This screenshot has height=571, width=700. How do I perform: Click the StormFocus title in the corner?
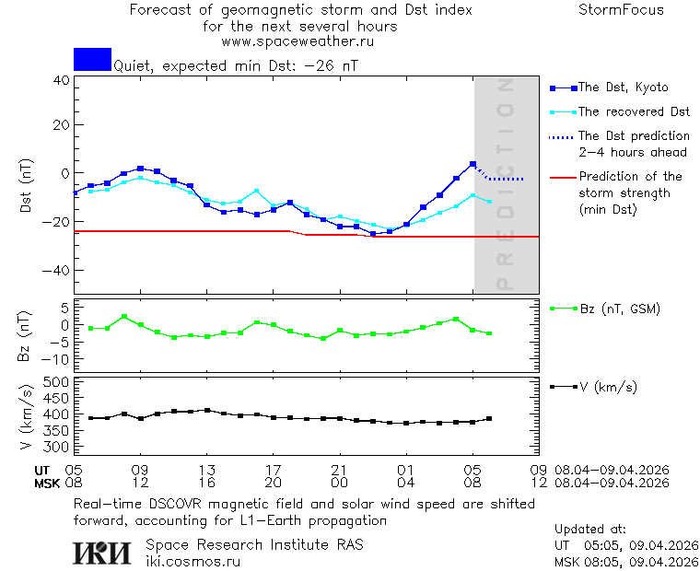click(x=621, y=10)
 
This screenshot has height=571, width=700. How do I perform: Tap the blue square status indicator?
click(x=92, y=59)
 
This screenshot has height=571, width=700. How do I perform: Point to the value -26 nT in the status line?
click(x=333, y=66)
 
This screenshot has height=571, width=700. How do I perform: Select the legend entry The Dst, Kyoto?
click(x=623, y=87)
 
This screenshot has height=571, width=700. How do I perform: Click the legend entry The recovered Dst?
click(x=634, y=111)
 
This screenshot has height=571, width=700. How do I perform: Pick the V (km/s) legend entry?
click(x=608, y=387)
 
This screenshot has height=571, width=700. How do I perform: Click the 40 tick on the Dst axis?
click(x=61, y=79)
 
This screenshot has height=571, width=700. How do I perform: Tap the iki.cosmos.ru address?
click(x=192, y=562)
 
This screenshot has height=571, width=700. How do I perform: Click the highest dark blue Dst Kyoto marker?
click(x=472, y=164)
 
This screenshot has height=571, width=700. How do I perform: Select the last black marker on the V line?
click(x=489, y=419)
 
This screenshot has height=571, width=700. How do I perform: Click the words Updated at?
click(x=589, y=530)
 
